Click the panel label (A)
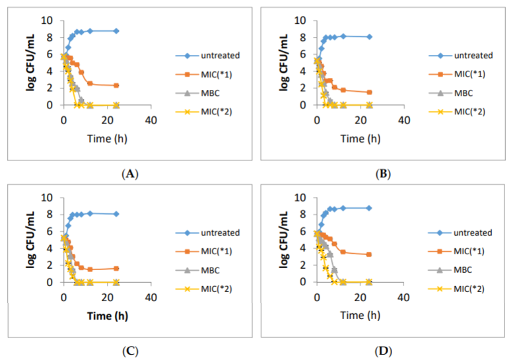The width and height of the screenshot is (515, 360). [130, 174]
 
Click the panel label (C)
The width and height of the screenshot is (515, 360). [130, 349]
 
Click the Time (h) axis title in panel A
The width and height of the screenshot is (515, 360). [107, 139]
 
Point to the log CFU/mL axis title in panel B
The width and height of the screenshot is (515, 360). [280, 63]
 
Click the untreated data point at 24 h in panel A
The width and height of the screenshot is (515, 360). [116, 31]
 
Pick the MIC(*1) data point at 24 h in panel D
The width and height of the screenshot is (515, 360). [369, 254]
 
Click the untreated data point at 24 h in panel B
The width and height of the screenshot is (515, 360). [369, 37]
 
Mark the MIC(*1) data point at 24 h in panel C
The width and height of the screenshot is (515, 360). [116, 268]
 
